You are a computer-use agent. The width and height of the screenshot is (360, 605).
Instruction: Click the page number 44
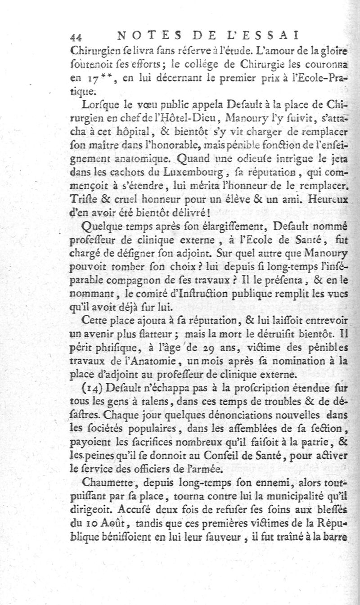click(x=75, y=36)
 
